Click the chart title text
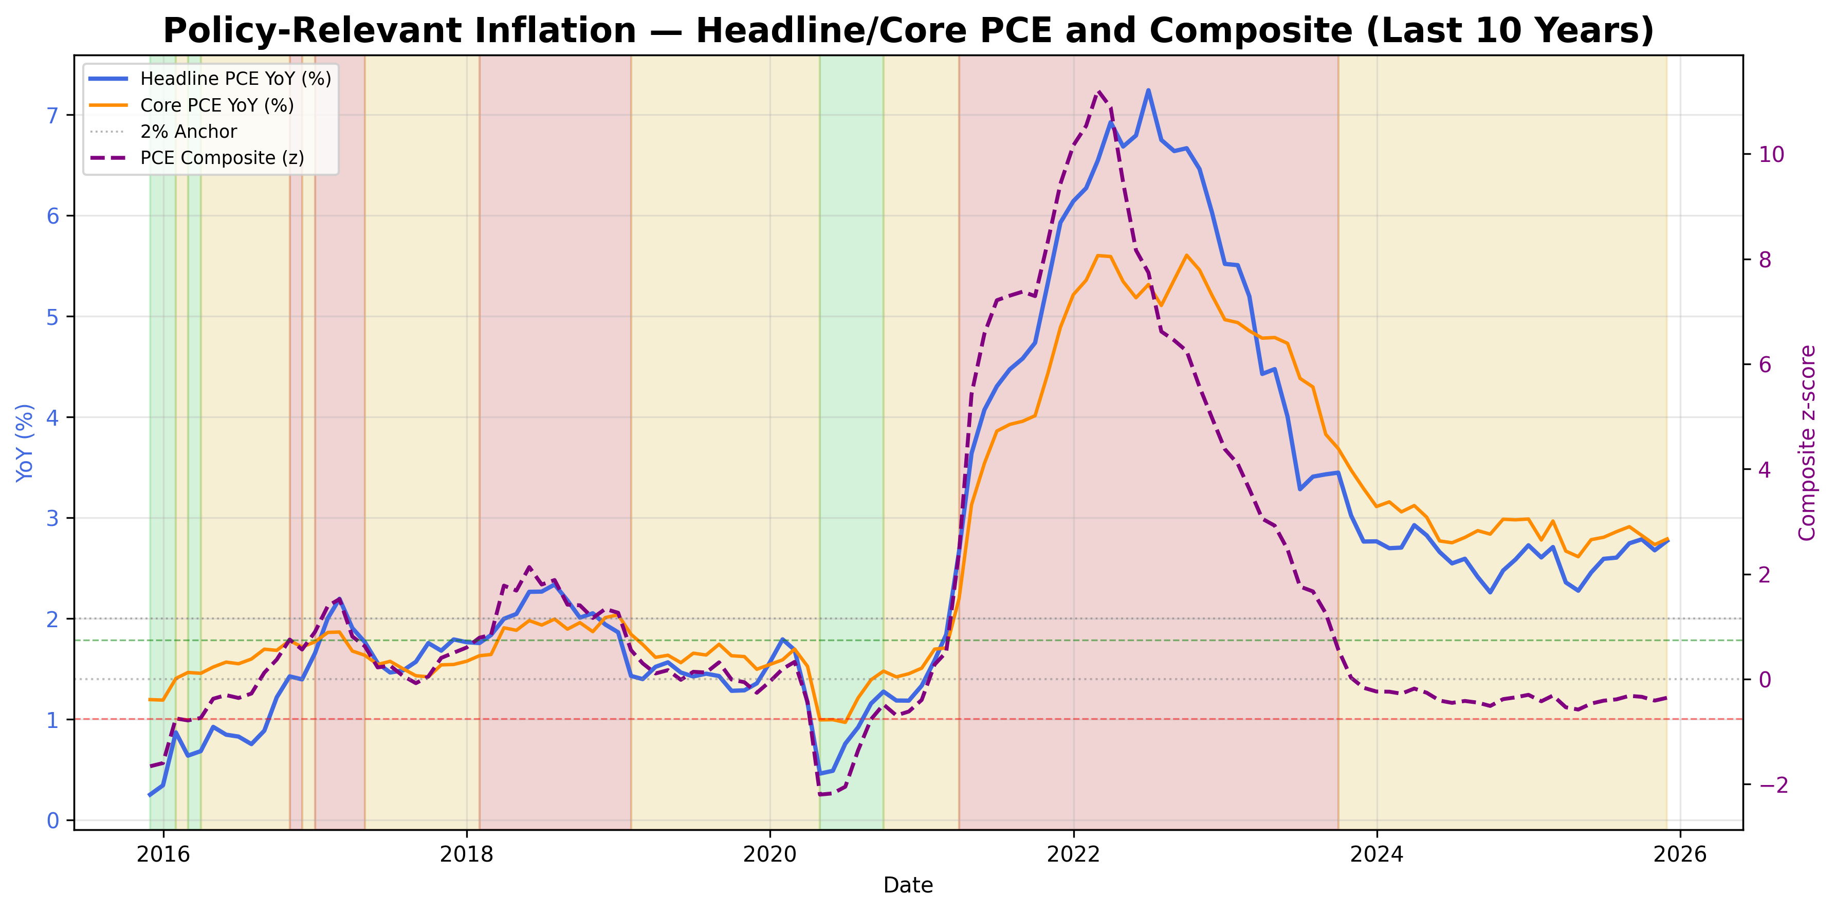(908, 31)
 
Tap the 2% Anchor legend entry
(188, 132)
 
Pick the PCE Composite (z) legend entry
(222, 158)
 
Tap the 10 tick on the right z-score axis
(1772, 155)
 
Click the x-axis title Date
(908, 886)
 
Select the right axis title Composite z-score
(1807, 443)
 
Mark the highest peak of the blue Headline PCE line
(1148, 90)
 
